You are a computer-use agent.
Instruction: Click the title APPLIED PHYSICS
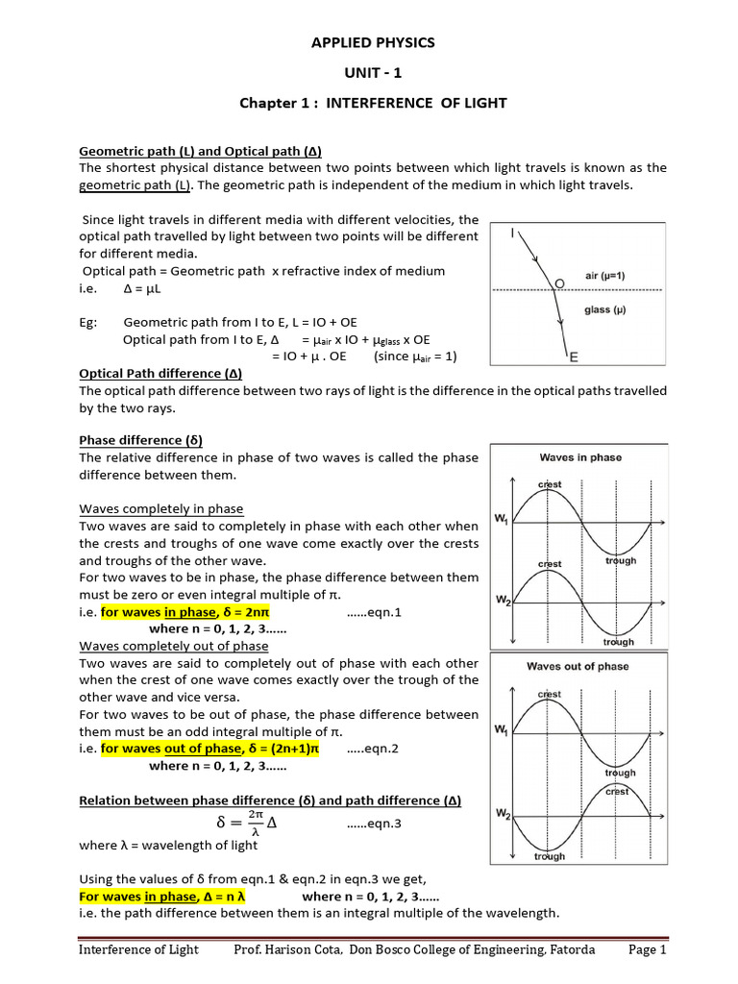(x=373, y=42)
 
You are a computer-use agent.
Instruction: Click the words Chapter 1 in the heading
(x=272, y=103)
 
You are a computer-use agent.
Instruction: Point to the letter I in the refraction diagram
(x=511, y=233)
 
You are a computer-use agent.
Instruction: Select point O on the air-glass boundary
(x=560, y=283)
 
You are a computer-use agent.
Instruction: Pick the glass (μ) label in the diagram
(x=605, y=309)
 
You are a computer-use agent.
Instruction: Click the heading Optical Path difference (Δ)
(x=161, y=373)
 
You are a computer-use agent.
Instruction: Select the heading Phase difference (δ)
(x=140, y=440)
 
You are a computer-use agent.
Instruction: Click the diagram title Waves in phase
(x=579, y=457)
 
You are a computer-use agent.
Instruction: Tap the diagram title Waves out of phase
(x=578, y=666)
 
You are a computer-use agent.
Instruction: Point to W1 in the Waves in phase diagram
(x=502, y=520)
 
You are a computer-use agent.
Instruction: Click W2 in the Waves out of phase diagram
(x=502, y=815)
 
